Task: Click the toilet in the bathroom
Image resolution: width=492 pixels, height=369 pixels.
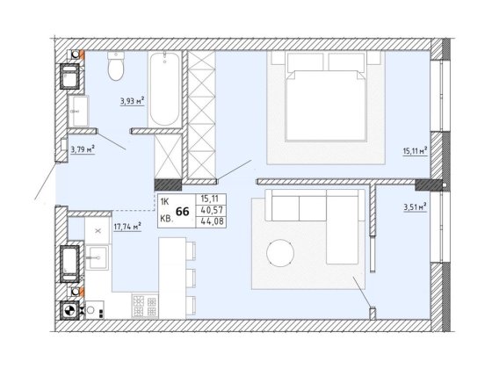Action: point(116,66)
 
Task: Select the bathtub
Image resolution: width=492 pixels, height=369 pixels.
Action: point(165,89)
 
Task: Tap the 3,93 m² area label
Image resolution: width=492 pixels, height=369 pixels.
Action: point(132,101)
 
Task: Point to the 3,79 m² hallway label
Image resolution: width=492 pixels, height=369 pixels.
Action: point(83,149)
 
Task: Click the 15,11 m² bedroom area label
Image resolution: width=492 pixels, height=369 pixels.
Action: point(415,151)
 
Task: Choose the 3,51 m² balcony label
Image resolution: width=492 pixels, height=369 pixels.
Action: point(415,207)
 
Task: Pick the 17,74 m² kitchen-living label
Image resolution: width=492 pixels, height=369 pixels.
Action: point(127,227)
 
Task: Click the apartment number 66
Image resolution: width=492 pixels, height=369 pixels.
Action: point(183,212)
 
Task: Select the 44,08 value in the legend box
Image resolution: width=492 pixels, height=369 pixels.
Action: point(212,221)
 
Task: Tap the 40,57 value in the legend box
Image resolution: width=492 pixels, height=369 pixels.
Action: point(212,210)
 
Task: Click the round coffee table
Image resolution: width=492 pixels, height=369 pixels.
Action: point(280,253)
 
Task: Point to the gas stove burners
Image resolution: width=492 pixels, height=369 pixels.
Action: point(145,307)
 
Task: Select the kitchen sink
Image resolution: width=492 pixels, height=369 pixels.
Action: point(98,257)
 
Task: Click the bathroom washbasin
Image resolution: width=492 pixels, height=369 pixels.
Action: point(78,111)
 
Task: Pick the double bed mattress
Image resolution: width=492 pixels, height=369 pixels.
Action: point(326,105)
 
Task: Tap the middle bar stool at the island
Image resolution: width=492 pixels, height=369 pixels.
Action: point(191,278)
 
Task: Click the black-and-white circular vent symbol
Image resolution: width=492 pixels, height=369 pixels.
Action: point(69,311)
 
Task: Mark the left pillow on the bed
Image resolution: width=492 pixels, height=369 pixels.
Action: point(306,61)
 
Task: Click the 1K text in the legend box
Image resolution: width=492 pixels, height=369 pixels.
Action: point(165,202)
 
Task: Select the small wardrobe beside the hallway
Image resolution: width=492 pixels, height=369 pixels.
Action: point(168,156)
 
